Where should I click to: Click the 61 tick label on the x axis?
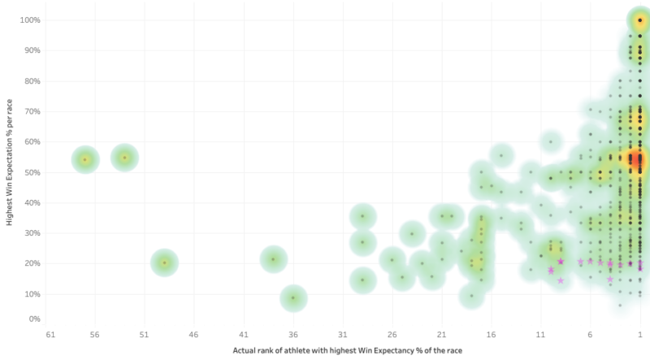click(50, 335)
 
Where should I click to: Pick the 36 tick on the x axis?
click(293, 335)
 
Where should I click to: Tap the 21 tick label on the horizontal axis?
click(442, 335)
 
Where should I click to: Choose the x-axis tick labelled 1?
click(639, 335)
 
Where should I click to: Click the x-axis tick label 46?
click(193, 335)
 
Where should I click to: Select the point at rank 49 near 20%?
click(164, 262)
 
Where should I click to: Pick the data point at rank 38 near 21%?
click(274, 260)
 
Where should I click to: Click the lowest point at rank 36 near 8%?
click(293, 298)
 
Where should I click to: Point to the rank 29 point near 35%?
click(362, 217)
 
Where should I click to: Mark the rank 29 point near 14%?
click(362, 280)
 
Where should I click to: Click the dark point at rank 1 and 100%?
click(639, 20)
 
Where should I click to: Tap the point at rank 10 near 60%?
click(551, 141)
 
